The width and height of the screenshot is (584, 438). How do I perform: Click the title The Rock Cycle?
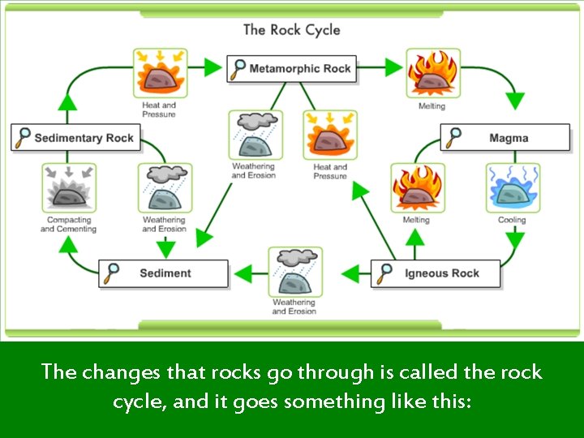(x=291, y=30)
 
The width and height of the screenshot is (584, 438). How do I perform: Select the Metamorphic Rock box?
(x=292, y=69)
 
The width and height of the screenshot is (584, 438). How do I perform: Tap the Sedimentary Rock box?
(x=75, y=138)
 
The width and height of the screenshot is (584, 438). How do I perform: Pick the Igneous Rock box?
(x=435, y=273)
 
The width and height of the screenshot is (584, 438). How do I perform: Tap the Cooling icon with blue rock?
(x=513, y=188)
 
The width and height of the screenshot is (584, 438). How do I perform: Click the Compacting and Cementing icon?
(x=69, y=188)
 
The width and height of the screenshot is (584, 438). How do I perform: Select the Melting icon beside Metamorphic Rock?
(x=432, y=74)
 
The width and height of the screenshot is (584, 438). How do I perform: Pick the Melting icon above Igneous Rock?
(x=417, y=188)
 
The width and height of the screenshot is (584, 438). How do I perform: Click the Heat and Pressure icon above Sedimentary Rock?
(x=159, y=74)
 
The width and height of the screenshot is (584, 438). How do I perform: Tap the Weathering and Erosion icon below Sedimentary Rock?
(x=165, y=188)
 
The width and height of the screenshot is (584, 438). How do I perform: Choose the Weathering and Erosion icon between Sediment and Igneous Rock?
(x=295, y=273)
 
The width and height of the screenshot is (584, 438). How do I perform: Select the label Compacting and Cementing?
(x=68, y=225)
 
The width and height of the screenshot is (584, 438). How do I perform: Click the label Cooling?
(x=512, y=220)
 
